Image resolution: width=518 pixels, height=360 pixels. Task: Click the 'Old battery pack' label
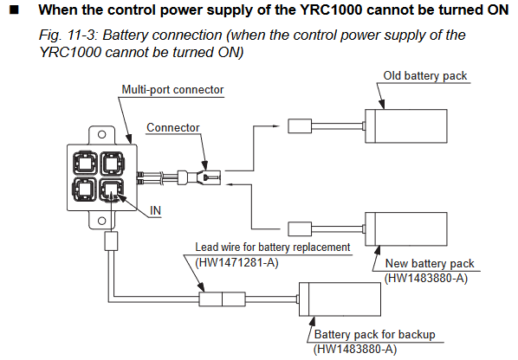424,76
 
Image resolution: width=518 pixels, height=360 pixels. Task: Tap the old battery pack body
406,126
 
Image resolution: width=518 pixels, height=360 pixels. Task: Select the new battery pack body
406,229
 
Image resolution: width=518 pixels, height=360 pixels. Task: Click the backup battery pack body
340,299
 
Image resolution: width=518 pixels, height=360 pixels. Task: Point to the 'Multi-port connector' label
172,89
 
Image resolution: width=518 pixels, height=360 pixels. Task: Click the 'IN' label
155,210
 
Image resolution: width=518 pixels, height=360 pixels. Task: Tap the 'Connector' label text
172,128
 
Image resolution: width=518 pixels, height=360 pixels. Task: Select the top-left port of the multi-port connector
85,163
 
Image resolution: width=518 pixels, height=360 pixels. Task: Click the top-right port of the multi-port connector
112,163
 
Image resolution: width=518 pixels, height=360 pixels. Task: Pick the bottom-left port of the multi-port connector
85,190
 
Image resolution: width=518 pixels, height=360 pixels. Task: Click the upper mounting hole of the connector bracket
102,134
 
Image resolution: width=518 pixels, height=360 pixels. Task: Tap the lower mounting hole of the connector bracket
102,221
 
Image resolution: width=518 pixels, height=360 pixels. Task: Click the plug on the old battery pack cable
300,126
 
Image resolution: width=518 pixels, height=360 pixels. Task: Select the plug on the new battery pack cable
300,229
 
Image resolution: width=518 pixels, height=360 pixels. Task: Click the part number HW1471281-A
236,263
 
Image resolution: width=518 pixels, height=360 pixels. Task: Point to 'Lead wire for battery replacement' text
273,247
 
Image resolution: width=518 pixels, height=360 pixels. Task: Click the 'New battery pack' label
430,264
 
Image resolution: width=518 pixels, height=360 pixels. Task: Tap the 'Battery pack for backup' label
374,334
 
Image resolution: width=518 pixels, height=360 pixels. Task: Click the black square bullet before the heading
14,10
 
